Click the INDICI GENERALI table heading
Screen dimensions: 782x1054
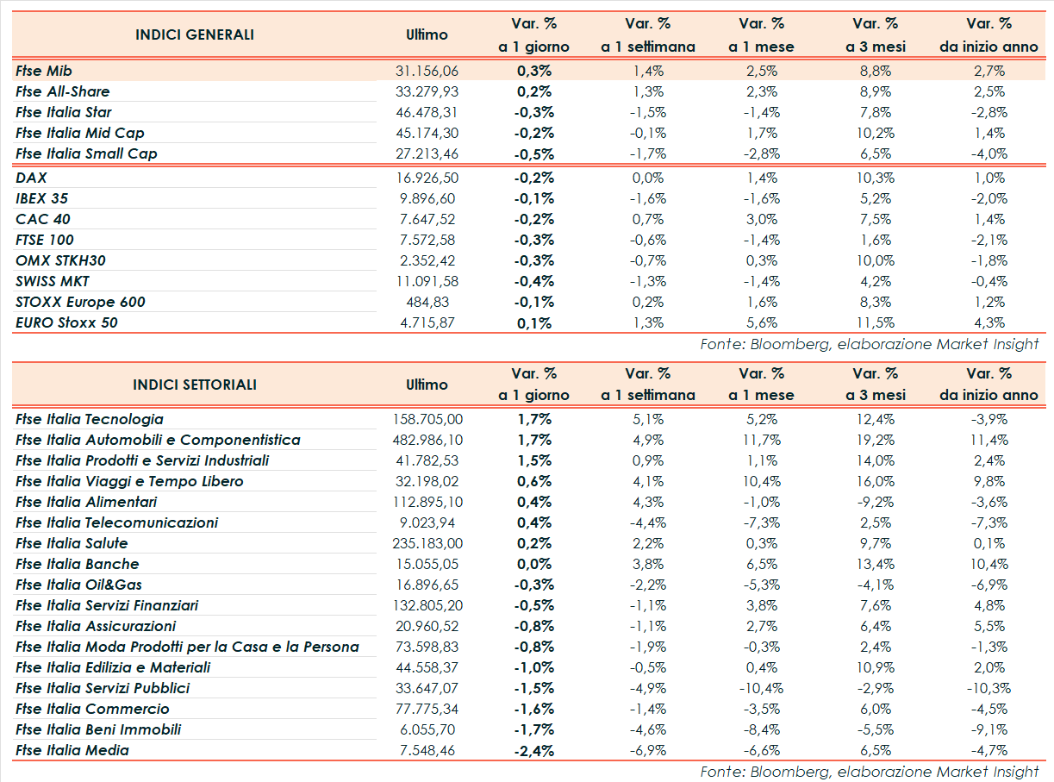pos(195,35)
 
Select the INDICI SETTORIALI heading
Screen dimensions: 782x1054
pos(195,385)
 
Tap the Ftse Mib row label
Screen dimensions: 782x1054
pos(48,71)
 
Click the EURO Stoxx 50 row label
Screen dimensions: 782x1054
pos(66,322)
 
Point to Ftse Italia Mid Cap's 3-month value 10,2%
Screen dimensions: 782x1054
pos(875,133)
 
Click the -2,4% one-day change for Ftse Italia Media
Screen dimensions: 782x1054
pos(533,750)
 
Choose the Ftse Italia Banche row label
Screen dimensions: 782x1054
pos(77,564)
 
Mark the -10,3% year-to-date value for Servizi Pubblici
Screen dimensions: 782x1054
pos(989,688)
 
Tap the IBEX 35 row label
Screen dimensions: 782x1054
pos(41,198)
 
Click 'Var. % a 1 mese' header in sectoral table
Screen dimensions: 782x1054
pos(761,385)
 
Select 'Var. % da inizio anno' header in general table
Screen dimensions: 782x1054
pos(989,35)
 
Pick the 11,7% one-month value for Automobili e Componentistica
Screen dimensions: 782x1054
pos(761,440)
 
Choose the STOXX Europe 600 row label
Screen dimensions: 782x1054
pos(80,302)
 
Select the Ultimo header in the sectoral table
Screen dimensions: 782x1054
pos(427,385)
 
